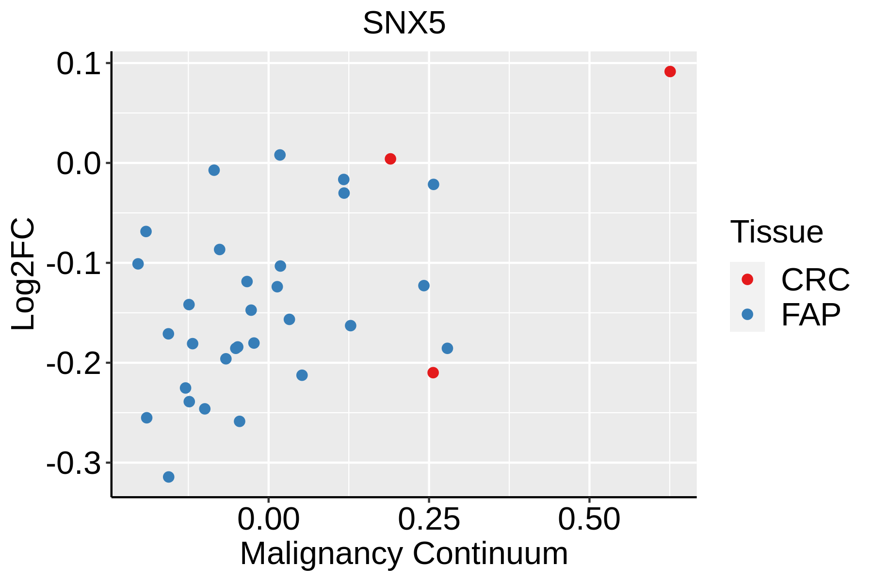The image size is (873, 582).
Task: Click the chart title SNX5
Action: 404,23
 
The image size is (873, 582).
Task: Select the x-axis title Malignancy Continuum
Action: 404,554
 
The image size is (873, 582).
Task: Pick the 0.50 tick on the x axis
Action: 589,519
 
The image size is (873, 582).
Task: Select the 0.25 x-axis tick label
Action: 429,519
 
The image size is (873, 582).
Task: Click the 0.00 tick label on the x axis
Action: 268,519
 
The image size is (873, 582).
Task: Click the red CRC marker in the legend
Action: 747,279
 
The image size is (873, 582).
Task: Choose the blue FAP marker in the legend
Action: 747,314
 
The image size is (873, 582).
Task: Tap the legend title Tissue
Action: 776,232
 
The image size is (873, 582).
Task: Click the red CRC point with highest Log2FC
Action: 670,72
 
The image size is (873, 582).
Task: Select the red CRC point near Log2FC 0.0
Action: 390,159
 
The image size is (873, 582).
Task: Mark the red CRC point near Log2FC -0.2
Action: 433,372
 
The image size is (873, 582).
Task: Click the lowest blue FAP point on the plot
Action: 169,477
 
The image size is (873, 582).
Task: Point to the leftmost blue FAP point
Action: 138,264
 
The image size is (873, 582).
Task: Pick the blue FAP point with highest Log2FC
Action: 280,155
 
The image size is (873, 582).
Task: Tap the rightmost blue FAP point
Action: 447,348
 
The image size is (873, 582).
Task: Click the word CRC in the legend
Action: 815,280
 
